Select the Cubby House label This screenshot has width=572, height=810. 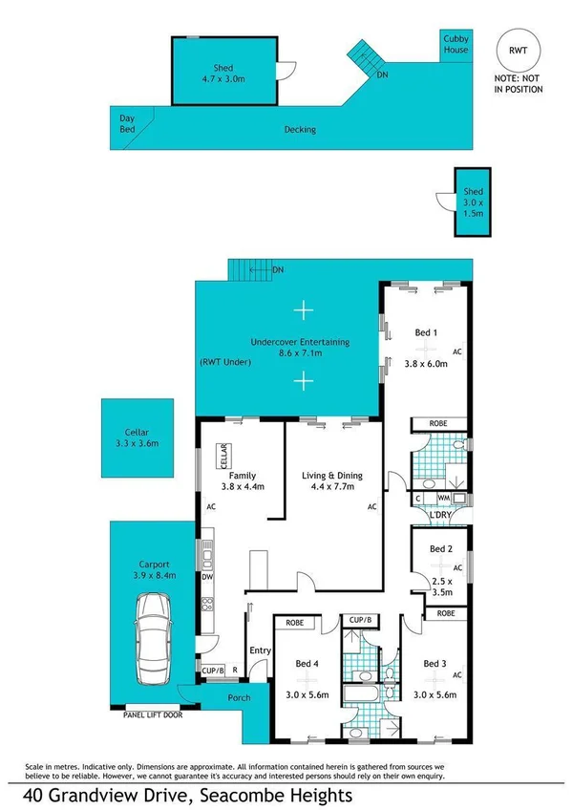(455, 43)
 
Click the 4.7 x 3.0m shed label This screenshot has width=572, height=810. (222, 73)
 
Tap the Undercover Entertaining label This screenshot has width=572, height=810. (299, 341)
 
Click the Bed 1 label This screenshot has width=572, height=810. (426, 332)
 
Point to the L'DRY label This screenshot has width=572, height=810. (439, 516)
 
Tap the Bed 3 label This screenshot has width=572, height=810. (434, 663)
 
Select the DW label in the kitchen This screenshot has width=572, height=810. (207, 578)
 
